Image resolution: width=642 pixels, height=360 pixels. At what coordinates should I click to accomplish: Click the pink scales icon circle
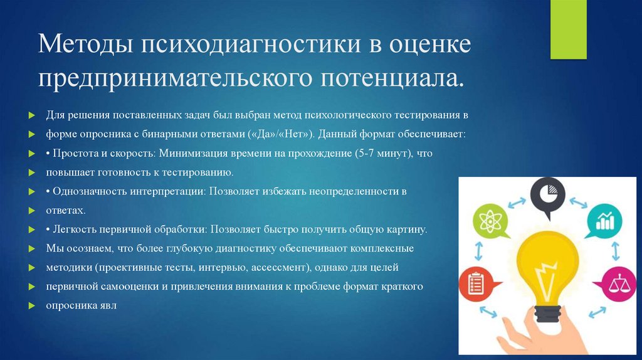(618, 284)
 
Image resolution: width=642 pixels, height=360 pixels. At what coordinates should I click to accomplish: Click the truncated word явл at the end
(108, 306)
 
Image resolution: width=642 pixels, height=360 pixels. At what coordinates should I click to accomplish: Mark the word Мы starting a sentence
(53, 249)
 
